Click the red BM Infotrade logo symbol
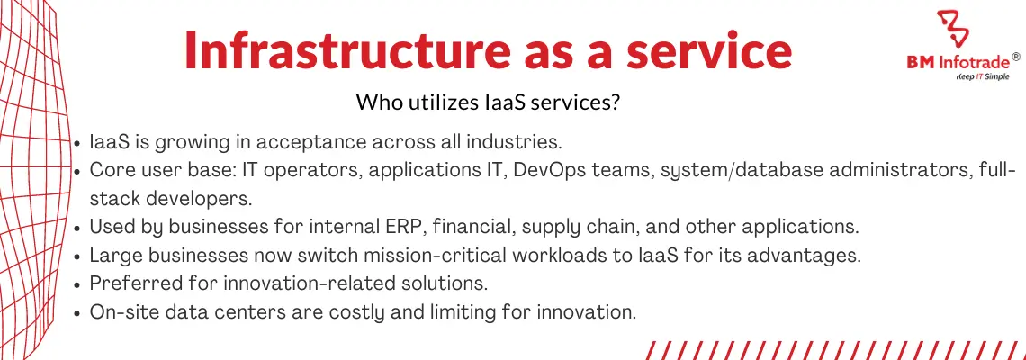[953, 29]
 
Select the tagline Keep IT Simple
[975, 76]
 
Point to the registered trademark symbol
[1015, 58]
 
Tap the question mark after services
[615, 103]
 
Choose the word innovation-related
[276, 283]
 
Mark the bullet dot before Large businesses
[78, 256]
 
